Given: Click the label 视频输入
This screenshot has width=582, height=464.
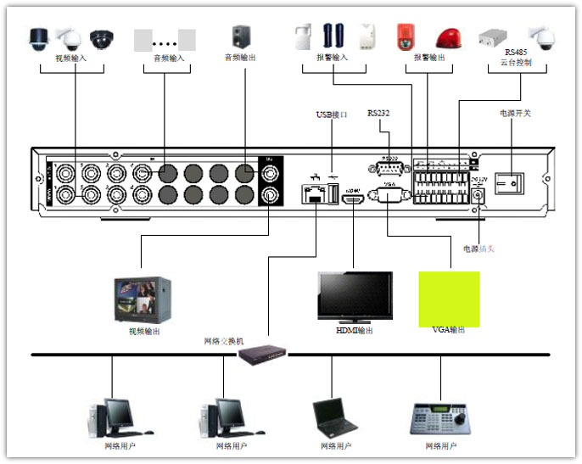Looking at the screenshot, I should tap(71, 59).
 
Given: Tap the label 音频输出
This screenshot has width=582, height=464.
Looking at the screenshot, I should tap(240, 58).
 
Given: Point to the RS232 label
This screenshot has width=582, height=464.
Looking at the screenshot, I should tap(378, 113).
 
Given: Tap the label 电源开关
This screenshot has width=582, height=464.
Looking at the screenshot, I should tap(514, 113).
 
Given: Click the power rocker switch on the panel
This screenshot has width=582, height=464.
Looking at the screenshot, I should tap(510, 182).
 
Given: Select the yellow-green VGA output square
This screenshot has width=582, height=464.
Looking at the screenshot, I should tap(449, 299).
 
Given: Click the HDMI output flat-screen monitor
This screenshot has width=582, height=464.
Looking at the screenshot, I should tap(355, 297).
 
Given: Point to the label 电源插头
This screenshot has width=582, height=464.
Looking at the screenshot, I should tap(480, 249).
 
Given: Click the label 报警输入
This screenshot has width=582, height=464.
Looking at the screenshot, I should tap(333, 59).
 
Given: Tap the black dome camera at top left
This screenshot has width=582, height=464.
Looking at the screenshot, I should tap(102, 38).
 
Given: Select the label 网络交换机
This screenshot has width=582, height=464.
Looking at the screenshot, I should tap(224, 340).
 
